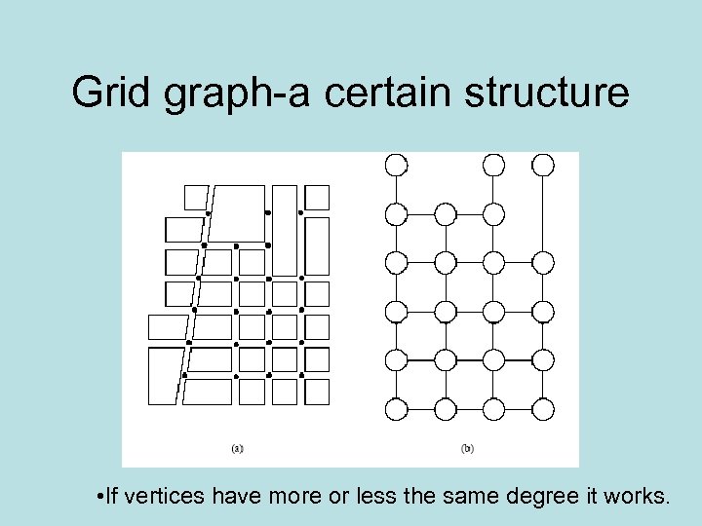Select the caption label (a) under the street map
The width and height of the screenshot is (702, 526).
pyautogui.click(x=237, y=449)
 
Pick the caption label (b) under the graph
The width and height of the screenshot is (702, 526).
pyautogui.click(x=467, y=449)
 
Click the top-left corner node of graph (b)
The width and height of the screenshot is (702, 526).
pyautogui.click(x=396, y=165)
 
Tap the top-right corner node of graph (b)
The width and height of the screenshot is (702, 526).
pyautogui.click(x=543, y=165)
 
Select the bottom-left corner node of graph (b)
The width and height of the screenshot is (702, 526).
pyautogui.click(x=396, y=409)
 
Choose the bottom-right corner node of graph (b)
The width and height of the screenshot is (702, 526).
pyautogui.click(x=543, y=409)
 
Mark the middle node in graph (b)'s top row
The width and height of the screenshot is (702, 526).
pyautogui.click(x=493, y=165)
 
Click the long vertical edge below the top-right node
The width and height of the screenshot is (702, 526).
pyautogui.click(x=543, y=214)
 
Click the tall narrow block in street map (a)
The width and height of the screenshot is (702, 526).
pyautogui.click(x=285, y=230)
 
